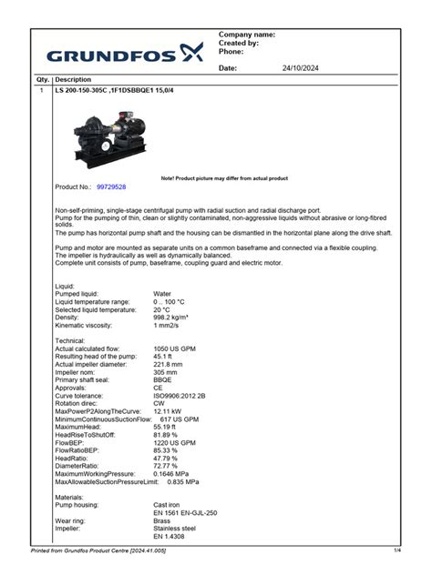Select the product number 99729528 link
click(x=111, y=187)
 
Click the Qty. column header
click(x=42, y=80)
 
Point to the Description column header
click(x=73, y=80)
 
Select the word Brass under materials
click(x=162, y=520)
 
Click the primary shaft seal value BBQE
click(x=163, y=380)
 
